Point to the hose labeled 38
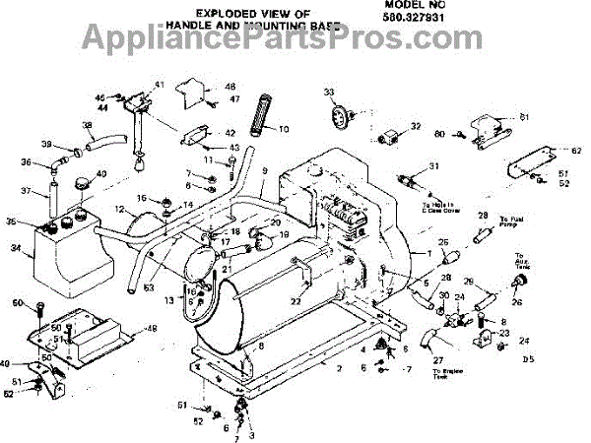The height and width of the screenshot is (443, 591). click(100, 143)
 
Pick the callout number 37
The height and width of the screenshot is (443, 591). click(28, 192)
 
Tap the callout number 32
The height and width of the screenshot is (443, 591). click(415, 126)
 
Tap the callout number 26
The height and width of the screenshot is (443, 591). click(516, 301)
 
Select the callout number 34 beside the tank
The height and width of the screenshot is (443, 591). click(15, 248)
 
